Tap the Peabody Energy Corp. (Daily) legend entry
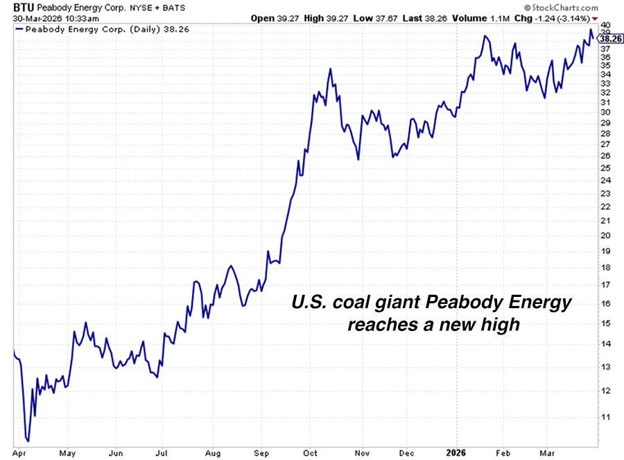tap(97, 29)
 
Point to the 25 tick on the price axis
tap(605, 169)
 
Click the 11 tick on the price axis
tap(605, 417)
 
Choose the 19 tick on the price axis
tap(605, 251)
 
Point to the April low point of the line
tap(28, 440)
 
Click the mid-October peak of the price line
tap(331, 69)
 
